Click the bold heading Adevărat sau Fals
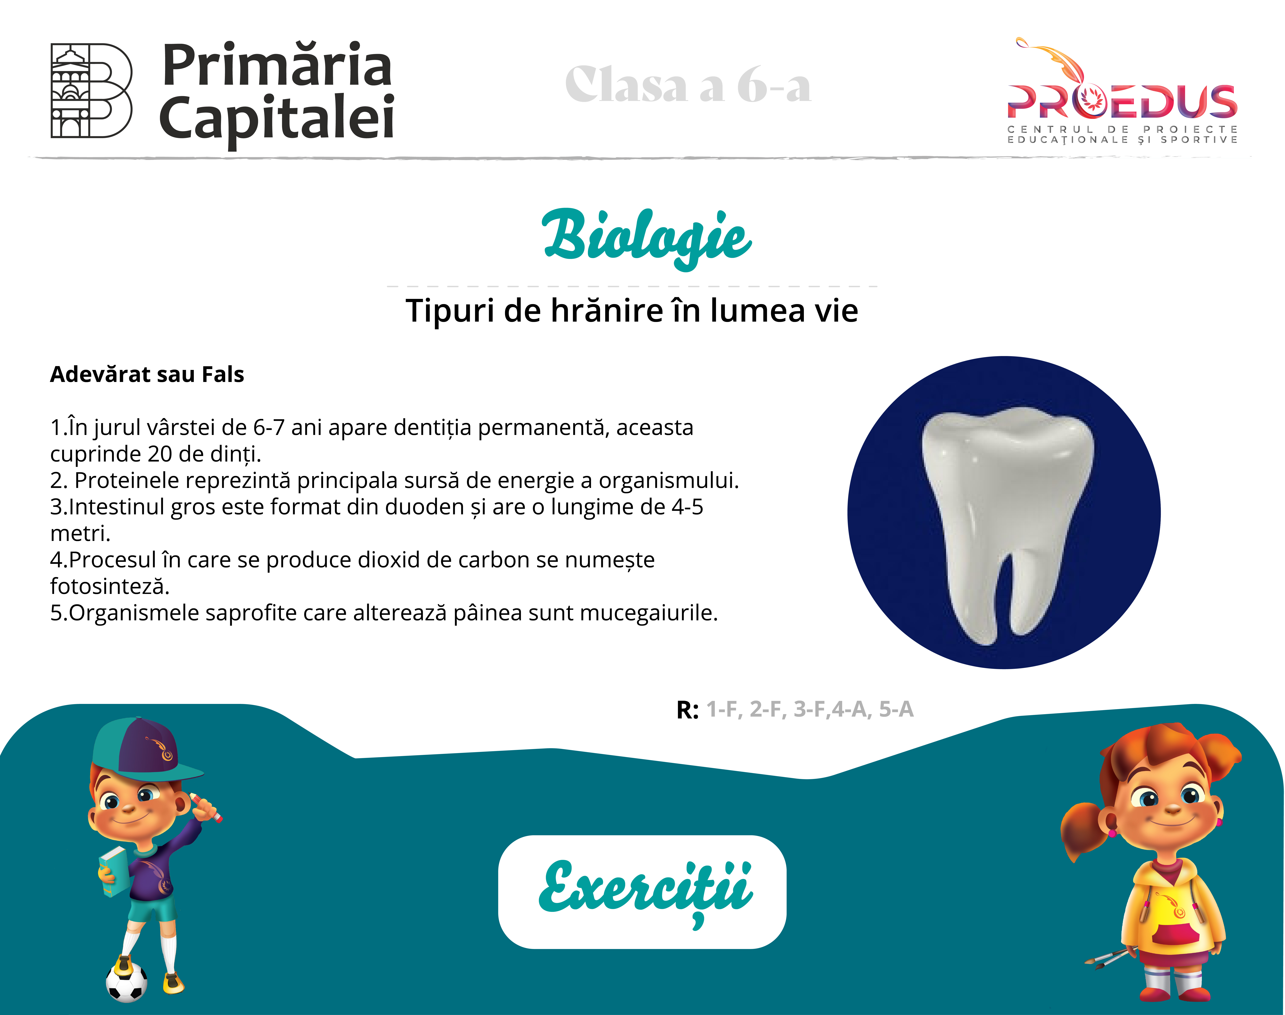pos(147,374)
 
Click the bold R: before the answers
pos(687,710)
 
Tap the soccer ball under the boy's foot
pos(127,982)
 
